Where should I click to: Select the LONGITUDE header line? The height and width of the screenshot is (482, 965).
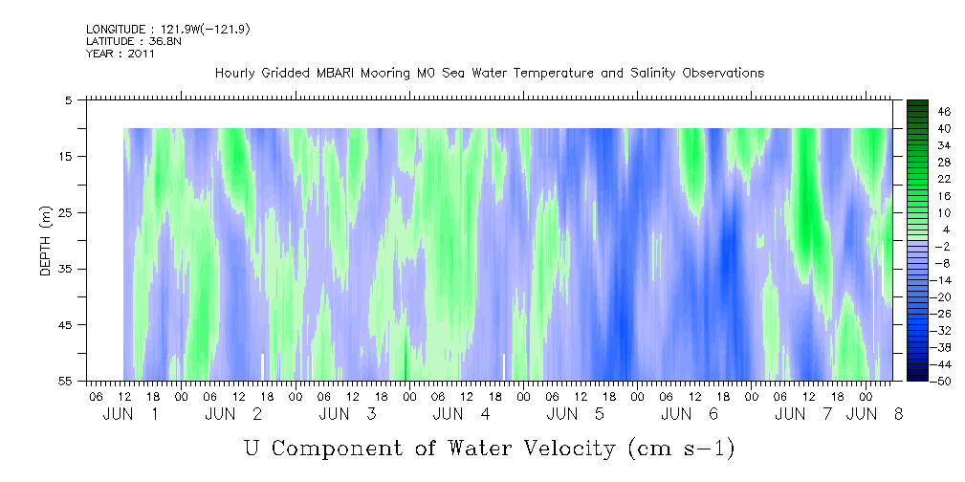(x=168, y=29)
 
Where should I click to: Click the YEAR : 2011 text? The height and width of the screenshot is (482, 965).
(x=121, y=54)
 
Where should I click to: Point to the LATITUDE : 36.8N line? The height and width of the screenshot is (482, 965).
(x=134, y=41)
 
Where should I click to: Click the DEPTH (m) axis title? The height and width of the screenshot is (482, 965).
(x=46, y=241)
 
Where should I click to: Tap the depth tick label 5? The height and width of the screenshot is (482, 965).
(x=68, y=100)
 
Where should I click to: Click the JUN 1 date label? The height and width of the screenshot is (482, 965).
(x=130, y=414)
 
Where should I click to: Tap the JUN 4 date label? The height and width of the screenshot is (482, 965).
(x=461, y=414)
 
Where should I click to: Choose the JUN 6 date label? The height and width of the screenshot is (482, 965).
(x=690, y=414)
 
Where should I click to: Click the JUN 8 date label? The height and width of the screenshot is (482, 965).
(x=875, y=414)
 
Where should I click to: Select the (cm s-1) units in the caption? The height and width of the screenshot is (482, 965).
(x=681, y=449)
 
